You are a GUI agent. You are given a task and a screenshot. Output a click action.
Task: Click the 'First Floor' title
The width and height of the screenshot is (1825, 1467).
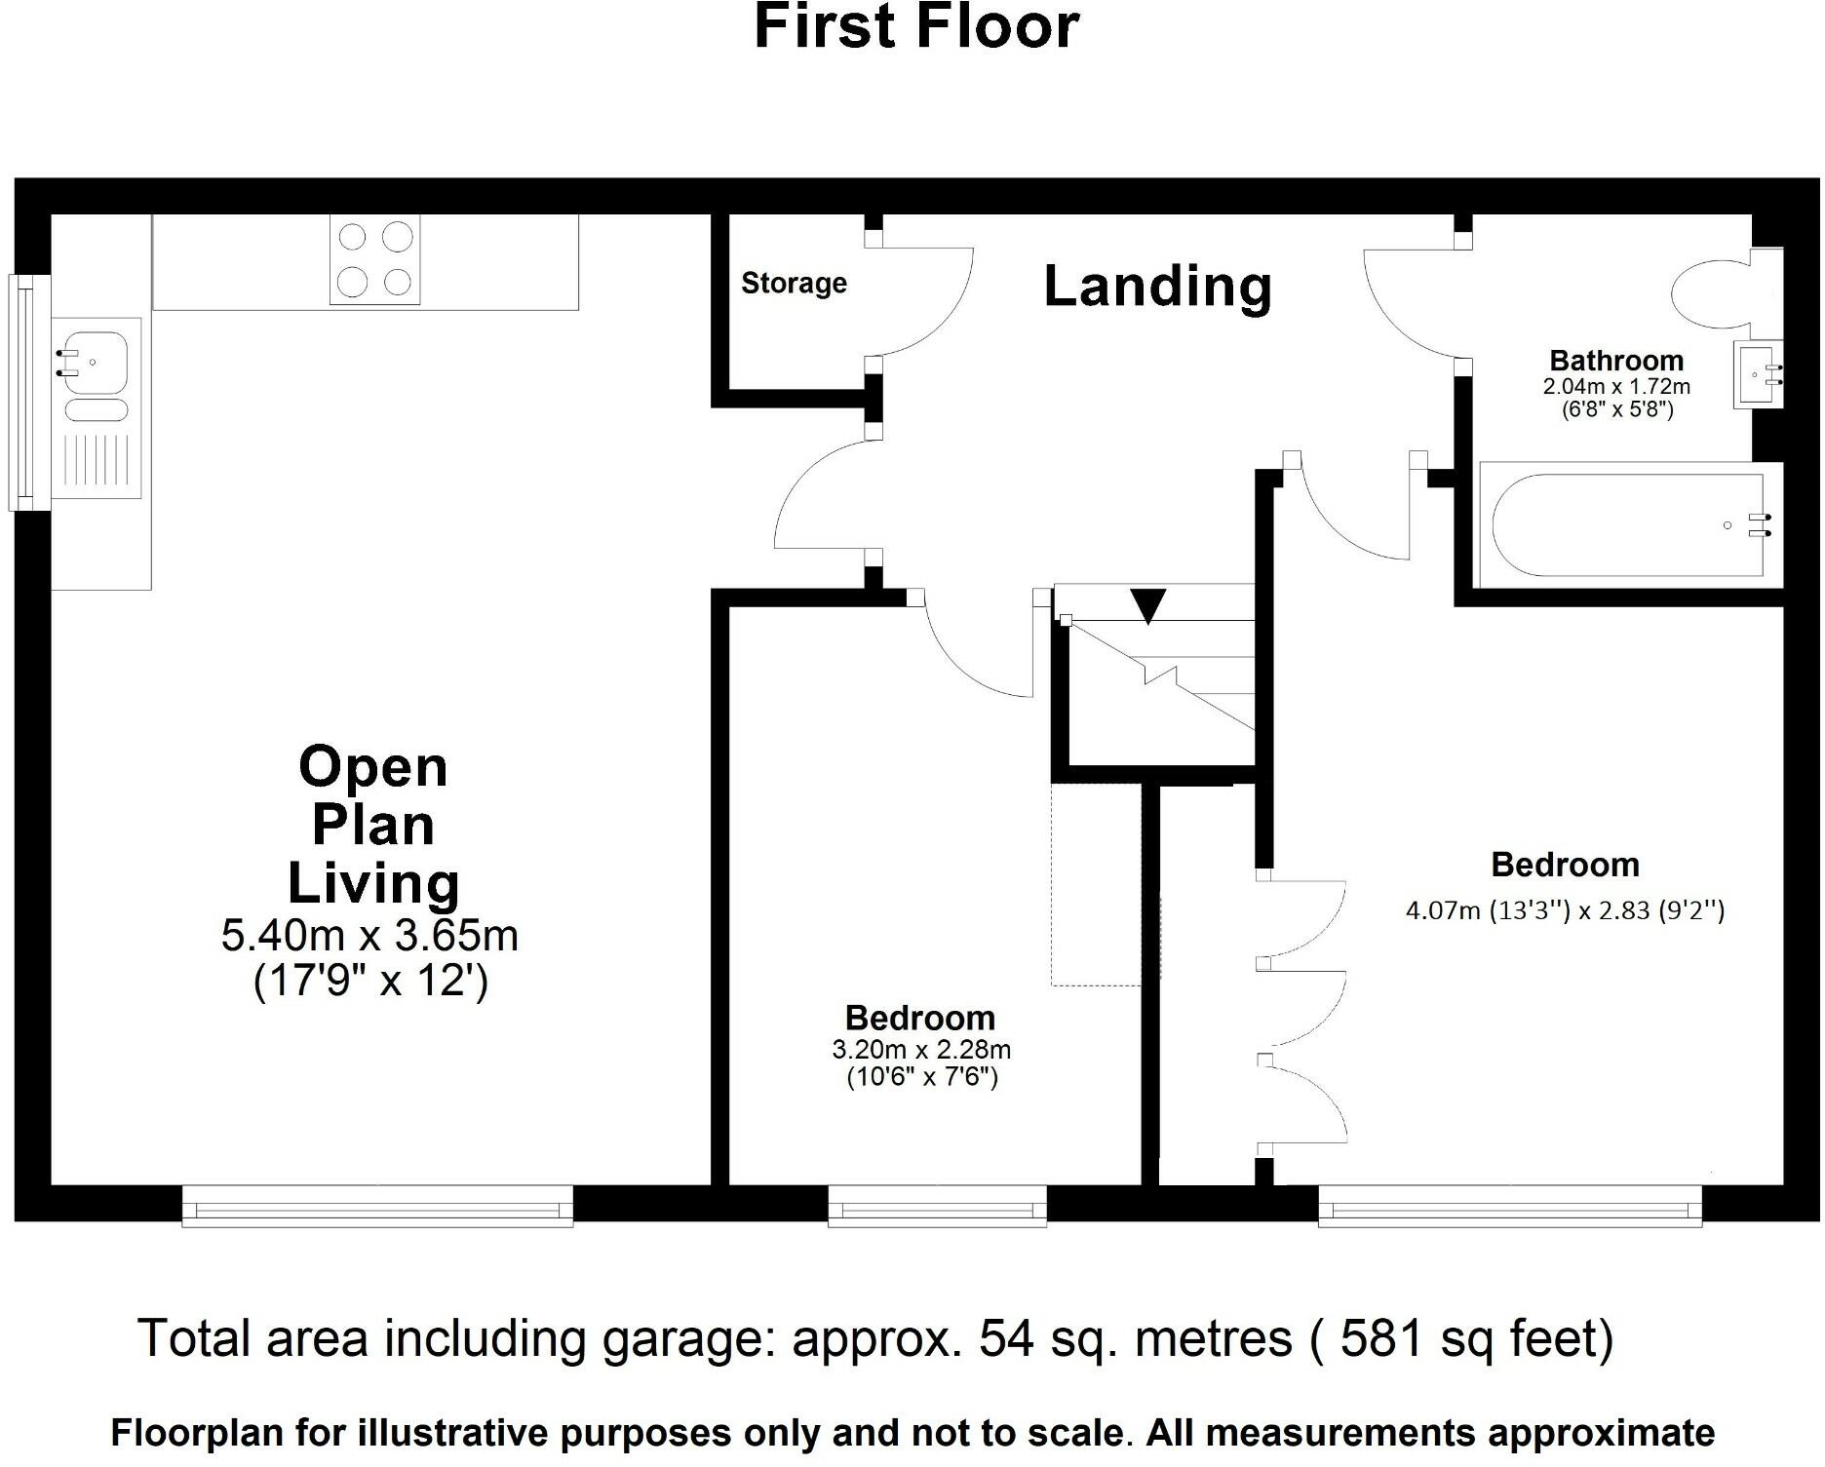(x=916, y=26)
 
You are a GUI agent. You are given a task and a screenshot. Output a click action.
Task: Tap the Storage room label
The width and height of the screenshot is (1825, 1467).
(x=794, y=284)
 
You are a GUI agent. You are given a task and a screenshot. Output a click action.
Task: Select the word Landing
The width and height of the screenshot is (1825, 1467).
(x=1158, y=287)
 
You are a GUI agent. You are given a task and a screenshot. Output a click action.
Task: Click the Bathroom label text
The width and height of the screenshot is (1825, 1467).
(x=1616, y=361)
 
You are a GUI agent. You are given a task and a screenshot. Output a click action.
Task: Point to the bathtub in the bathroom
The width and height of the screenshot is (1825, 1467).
(x=1630, y=525)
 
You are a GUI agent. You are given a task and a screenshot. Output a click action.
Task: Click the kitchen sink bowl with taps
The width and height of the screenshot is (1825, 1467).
(x=94, y=362)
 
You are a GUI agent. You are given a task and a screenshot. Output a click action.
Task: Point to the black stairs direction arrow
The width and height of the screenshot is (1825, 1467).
(x=1148, y=605)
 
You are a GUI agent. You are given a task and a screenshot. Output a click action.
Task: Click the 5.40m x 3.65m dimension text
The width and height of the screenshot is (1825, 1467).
(x=369, y=936)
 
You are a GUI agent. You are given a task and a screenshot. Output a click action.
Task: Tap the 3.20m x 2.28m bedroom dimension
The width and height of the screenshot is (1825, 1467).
(x=921, y=1050)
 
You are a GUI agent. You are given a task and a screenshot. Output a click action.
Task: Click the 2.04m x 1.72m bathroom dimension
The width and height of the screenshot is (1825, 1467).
(x=1616, y=386)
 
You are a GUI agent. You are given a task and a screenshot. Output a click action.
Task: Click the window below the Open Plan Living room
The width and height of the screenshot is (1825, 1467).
(x=377, y=1206)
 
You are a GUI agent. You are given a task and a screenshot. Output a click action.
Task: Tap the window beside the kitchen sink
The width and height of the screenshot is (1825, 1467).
(x=29, y=393)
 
